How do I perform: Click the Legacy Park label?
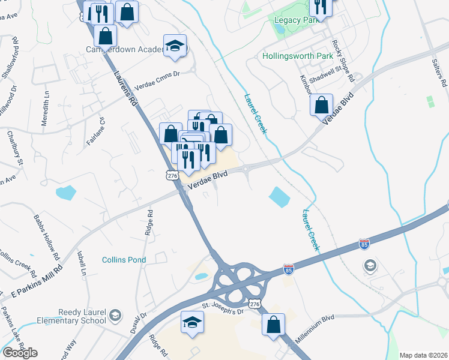[295, 20]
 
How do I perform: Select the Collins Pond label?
[124, 260]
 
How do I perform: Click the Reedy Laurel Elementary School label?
[82, 317]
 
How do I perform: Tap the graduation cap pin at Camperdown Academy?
[175, 46]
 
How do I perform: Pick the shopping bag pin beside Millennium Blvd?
[274, 325]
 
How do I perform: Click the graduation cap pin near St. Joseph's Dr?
[192, 322]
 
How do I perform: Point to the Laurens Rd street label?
[125, 90]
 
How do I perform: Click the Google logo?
[19, 353]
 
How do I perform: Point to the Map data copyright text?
[423, 355]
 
